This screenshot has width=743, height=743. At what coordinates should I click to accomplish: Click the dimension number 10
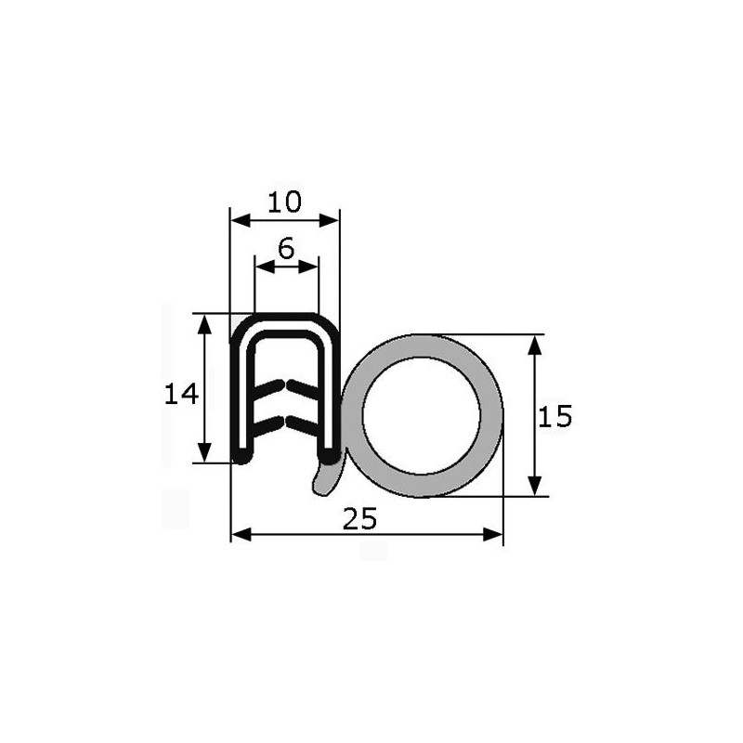(284, 202)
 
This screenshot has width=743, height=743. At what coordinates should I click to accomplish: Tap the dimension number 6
(286, 248)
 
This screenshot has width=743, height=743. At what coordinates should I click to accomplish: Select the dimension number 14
(180, 394)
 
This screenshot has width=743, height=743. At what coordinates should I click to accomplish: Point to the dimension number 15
(554, 416)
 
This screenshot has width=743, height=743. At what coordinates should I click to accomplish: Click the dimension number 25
(359, 518)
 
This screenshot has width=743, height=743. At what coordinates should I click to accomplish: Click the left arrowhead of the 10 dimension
(241, 220)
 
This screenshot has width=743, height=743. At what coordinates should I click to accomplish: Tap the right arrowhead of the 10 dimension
(330, 220)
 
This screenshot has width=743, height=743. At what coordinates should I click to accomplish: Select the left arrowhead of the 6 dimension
(265, 267)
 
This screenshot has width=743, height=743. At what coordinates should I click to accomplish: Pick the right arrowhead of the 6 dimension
(308, 267)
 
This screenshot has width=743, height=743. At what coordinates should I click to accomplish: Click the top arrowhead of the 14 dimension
(204, 324)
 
